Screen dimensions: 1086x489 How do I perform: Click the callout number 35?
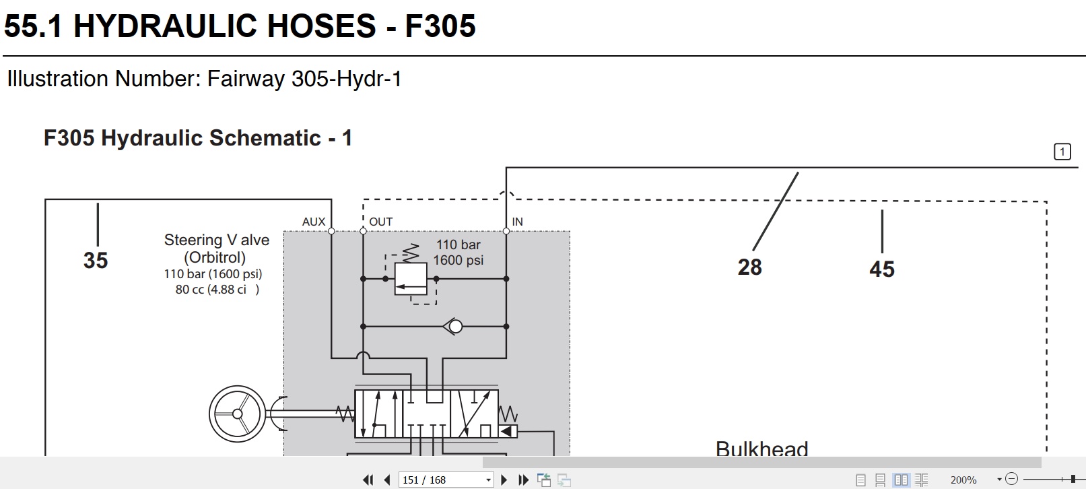96,261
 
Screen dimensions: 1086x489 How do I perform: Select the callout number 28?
749,267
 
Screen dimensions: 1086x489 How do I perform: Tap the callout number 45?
881,269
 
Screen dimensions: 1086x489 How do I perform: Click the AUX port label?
314,222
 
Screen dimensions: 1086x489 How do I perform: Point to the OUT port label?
380,222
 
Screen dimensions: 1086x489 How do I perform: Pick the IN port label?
517,222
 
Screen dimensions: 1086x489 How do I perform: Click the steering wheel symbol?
237,414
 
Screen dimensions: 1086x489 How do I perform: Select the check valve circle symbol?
456,327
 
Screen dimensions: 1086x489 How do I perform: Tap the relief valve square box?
411,279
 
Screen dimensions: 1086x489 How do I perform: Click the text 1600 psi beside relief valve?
458,261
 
